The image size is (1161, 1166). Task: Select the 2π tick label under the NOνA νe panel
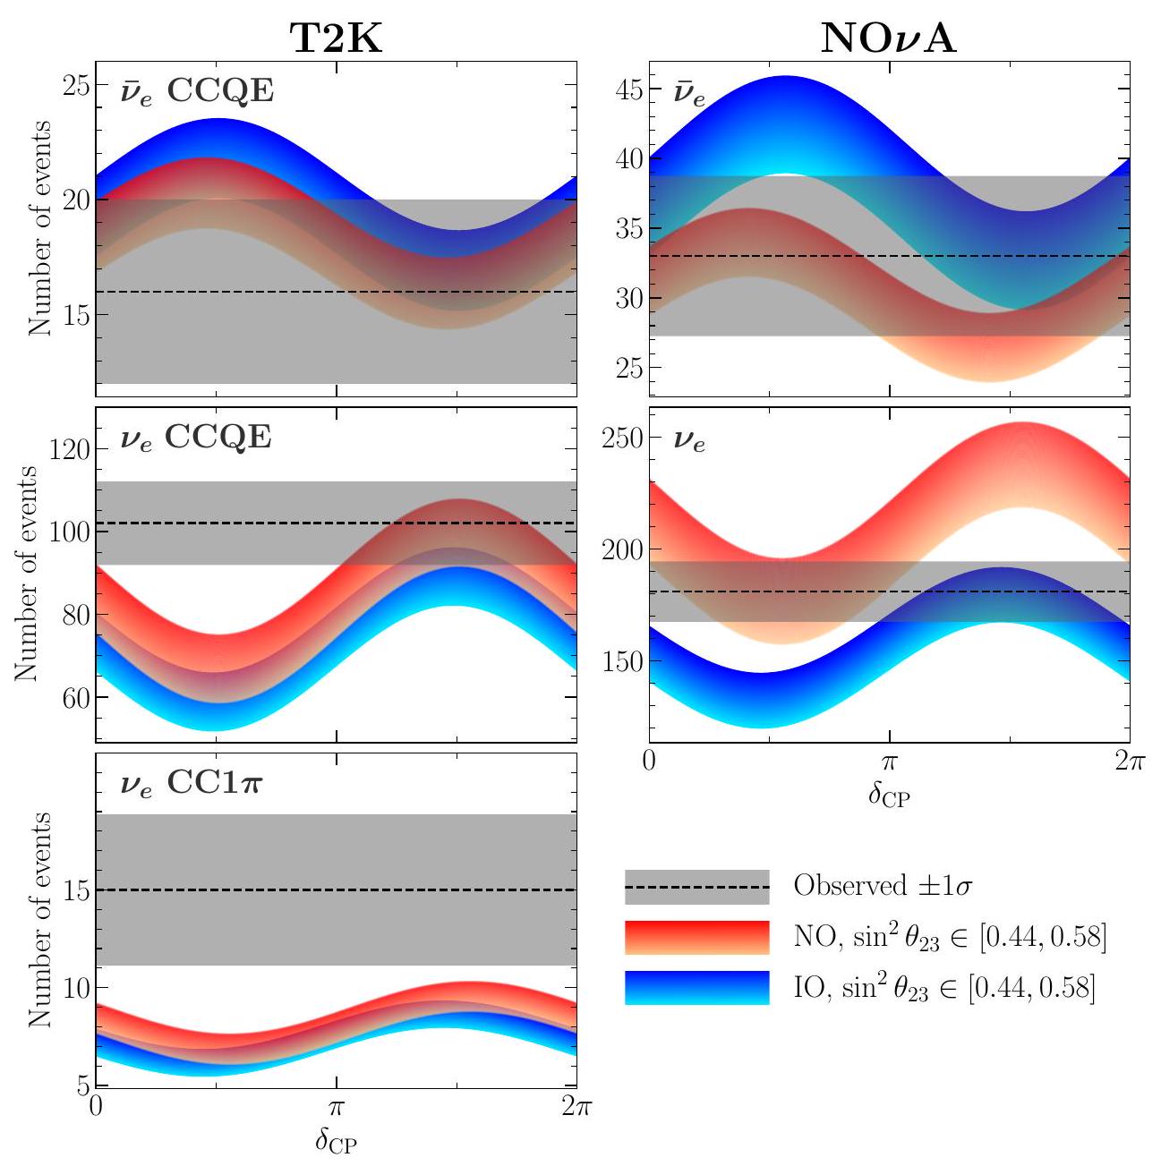click(1130, 763)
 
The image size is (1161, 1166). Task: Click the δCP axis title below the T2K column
click(336, 1140)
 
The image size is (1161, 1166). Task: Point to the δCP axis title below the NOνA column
click(888, 795)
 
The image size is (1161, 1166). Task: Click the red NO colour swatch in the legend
click(696, 937)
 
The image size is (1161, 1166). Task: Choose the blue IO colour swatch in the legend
click(696, 987)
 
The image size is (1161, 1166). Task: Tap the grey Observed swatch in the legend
click(696, 887)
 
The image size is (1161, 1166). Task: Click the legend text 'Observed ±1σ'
click(883, 887)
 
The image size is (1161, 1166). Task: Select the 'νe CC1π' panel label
click(192, 784)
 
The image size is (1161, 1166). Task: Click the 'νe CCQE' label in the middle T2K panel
click(196, 438)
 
